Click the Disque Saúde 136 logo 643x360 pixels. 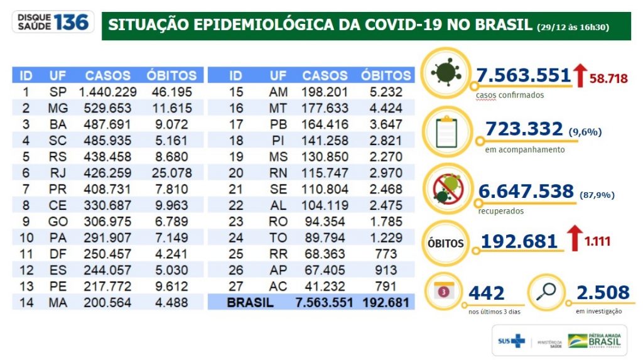53,23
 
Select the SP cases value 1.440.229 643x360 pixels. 105,92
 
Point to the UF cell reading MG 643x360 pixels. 58,108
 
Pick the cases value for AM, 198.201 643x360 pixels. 325,92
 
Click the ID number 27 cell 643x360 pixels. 235,286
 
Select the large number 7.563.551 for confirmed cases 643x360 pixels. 523,75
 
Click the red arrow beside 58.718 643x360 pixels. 580,75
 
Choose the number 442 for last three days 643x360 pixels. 487,293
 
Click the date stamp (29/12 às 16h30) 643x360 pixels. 573,27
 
